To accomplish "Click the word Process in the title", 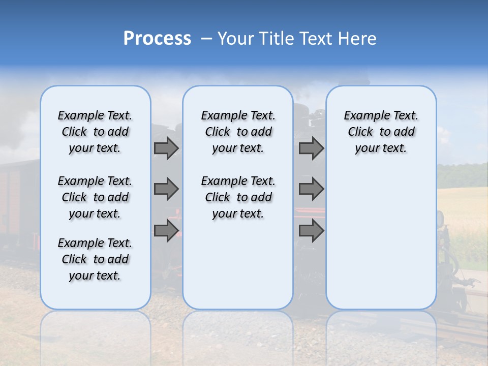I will pos(157,39).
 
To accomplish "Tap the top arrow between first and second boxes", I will pos(166,148).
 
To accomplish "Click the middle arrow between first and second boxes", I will pos(166,189).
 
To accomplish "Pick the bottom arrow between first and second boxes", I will pos(166,230).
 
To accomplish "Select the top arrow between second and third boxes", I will pos(311,148).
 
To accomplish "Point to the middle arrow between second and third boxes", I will pos(311,189).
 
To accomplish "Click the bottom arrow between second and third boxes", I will pos(311,230).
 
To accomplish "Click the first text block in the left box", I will pos(95,132).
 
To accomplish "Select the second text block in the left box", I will pos(95,197).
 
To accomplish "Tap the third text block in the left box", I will pos(95,259).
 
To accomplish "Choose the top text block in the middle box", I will pos(238,132).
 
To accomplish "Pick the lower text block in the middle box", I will pos(238,197).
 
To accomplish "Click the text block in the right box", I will pos(381,132).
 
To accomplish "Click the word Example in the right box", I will pos(364,115).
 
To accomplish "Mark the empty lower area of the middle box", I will pos(238,264).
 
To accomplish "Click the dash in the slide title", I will pos(206,39).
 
